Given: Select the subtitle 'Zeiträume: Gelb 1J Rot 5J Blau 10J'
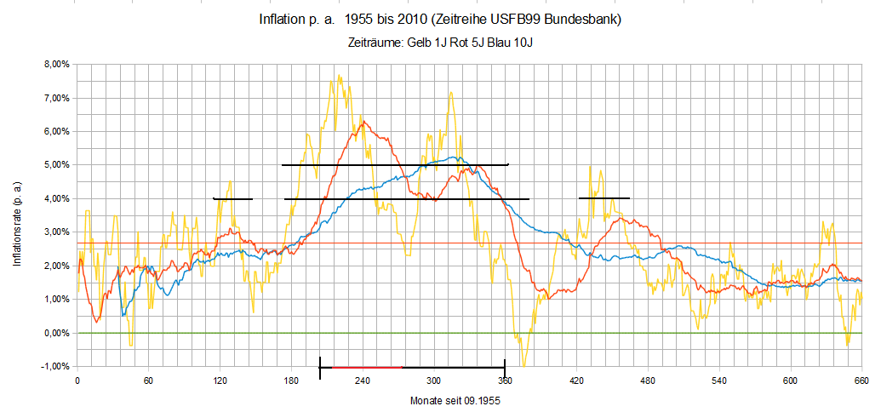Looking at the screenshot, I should tap(445, 43).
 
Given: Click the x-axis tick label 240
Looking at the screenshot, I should tap(363, 380).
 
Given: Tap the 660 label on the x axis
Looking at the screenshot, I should tap(861, 380).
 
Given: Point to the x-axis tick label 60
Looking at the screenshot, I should tap(148, 380).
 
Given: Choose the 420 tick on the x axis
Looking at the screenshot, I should tap(576, 380).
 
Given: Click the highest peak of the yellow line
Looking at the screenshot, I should tap(339, 76).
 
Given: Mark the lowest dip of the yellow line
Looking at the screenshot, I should tap(523, 365).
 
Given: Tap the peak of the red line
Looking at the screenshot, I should tap(363, 122).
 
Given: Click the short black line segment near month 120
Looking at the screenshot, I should tap(232, 199).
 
